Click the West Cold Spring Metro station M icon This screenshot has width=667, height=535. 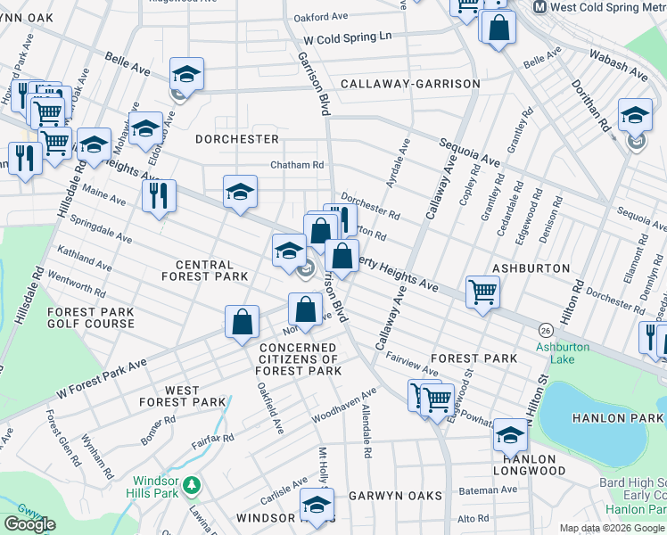pyautogui.click(x=540, y=7)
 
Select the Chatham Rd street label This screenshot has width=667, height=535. pyautogui.click(x=297, y=165)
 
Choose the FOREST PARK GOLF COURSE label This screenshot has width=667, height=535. pyautogui.click(x=91, y=318)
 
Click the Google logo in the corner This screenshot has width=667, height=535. pyautogui.click(x=29, y=524)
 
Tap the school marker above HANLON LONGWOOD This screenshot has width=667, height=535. pyautogui.click(x=510, y=434)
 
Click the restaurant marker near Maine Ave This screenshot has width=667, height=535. pyautogui.click(x=160, y=195)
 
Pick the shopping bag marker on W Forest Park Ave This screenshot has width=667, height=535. pyautogui.click(x=242, y=323)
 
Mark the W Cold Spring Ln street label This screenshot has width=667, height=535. pyautogui.click(x=347, y=39)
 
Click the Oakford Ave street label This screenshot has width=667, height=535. pyautogui.click(x=321, y=16)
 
